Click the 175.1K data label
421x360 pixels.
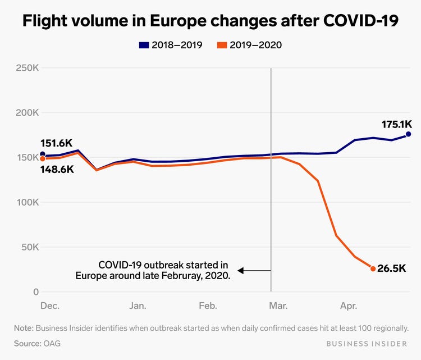397,125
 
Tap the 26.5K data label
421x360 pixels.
392,269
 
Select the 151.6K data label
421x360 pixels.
56,144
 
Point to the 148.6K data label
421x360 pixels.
57,168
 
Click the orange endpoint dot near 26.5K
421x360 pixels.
373,269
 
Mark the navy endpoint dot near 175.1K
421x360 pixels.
408,134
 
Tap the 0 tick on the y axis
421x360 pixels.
35,292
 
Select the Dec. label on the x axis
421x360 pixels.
50,306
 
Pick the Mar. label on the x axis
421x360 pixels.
278,306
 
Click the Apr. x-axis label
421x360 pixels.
349,306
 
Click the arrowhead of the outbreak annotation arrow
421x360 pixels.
241,271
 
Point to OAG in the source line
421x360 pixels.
49,342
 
